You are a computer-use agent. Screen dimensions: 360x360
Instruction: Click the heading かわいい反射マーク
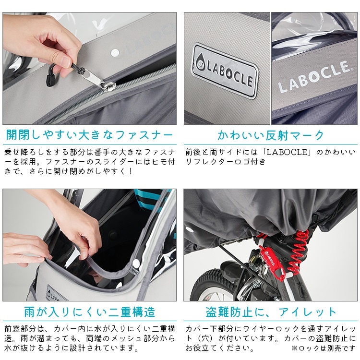point(271,134)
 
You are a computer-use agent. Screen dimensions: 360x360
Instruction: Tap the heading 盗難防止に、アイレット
point(271,312)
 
